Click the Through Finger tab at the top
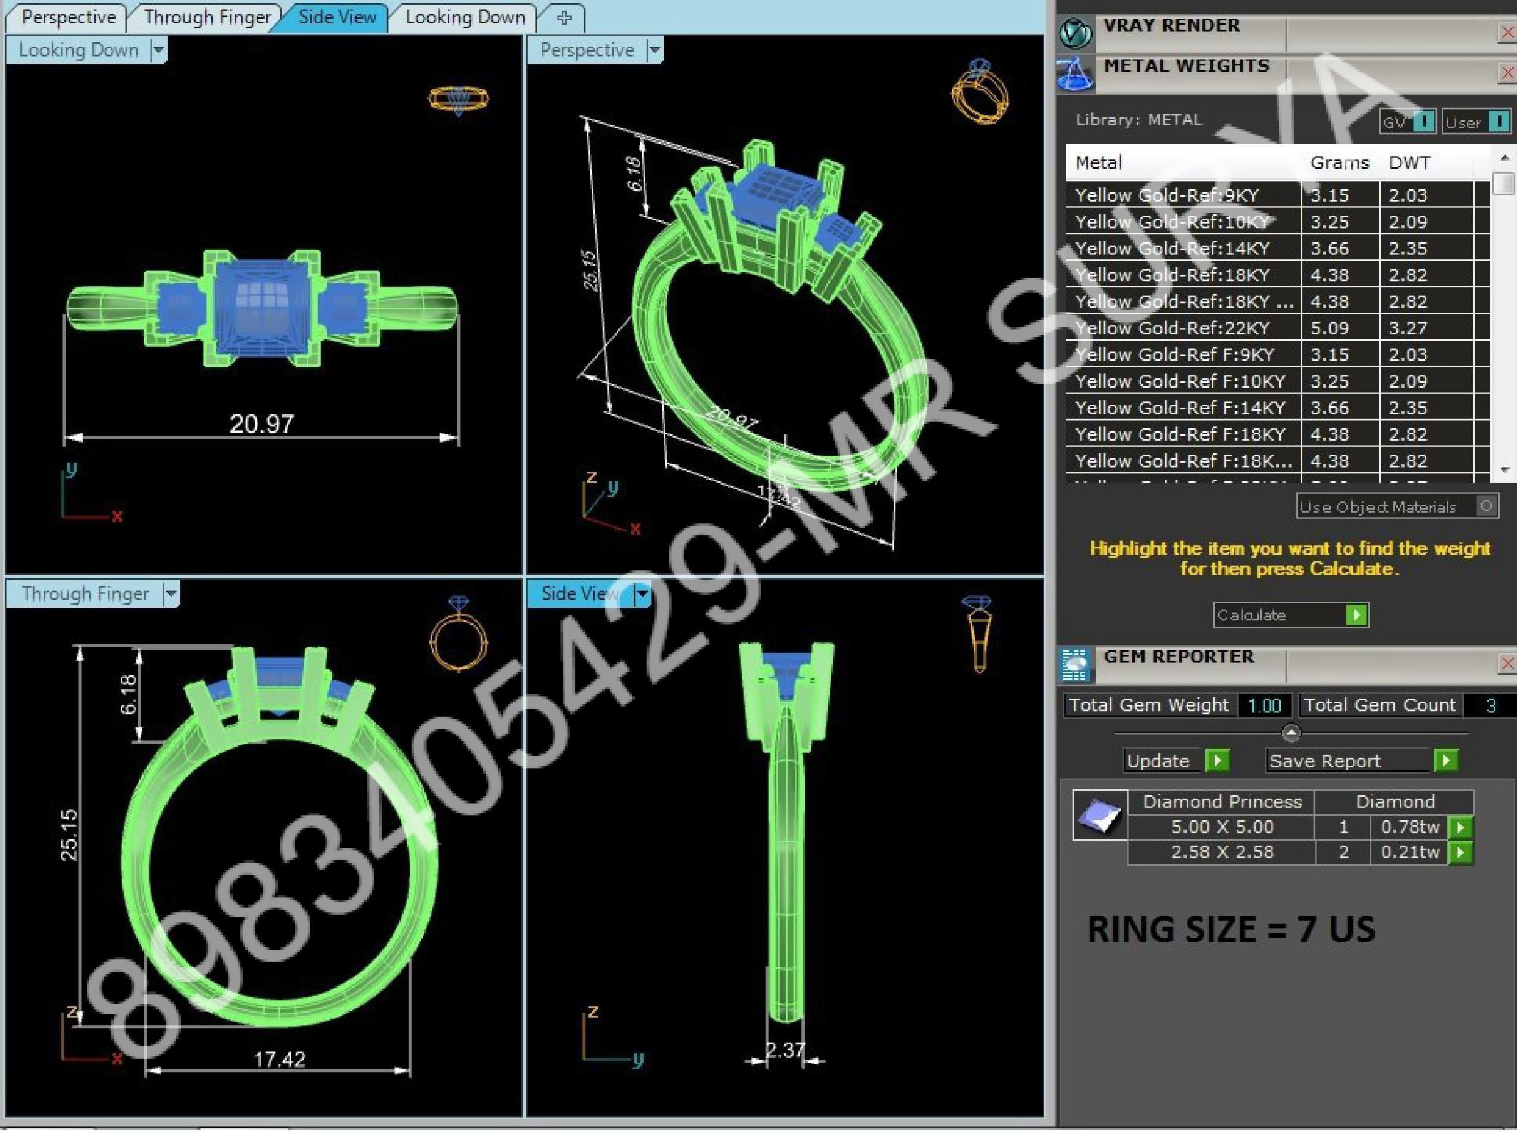[206, 17]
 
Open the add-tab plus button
[564, 18]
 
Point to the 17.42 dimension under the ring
[279, 1060]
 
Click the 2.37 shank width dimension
[785, 1050]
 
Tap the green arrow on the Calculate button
[1356, 615]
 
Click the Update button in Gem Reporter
[1158, 761]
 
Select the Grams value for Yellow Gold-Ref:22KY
[1329, 328]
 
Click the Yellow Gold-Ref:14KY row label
[1172, 248]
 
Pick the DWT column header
[1409, 163]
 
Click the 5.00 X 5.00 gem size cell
[1221, 827]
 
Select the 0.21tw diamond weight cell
[1409, 852]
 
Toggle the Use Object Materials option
[1485, 507]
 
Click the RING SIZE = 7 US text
[1231, 930]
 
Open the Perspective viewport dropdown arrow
[654, 50]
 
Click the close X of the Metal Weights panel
[1507, 73]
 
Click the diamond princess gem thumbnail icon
[1099, 815]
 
